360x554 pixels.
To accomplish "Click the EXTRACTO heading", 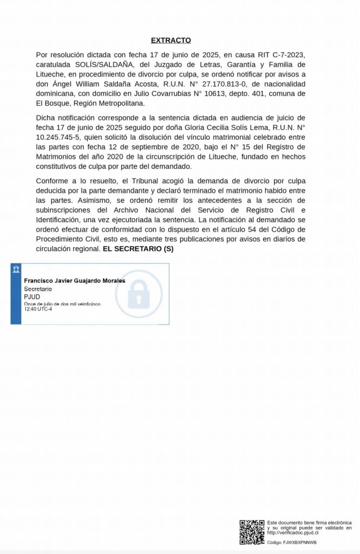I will click(x=171, y=40).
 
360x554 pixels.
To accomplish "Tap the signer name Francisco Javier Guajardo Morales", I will click(x=75, y=281).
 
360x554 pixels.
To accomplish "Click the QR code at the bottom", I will click(x=252, y=532).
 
